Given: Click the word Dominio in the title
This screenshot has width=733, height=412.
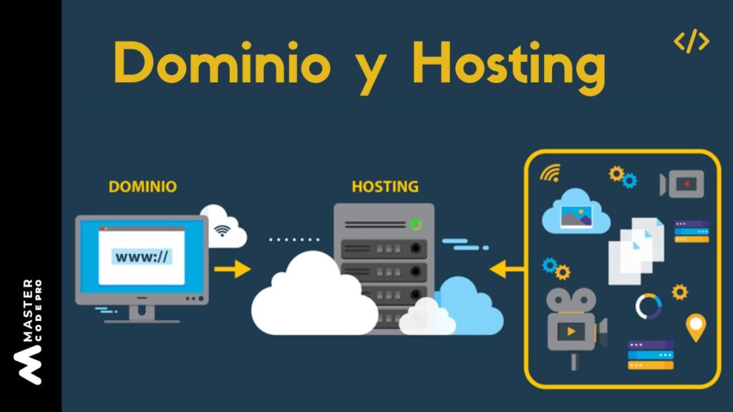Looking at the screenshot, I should point(222,64).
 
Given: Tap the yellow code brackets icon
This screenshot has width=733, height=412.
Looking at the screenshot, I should point(691,42).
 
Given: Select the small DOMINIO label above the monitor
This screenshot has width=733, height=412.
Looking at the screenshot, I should point(142,187).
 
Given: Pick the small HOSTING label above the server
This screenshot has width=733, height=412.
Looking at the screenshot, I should point(384,187).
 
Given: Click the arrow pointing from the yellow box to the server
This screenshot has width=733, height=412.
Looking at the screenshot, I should point(508,269).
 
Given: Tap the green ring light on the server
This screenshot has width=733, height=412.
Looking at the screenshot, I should point(416,225).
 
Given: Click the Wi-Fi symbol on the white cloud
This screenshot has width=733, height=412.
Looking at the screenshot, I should point(223,230).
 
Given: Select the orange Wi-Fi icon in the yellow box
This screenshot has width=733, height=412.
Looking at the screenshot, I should point(550,172).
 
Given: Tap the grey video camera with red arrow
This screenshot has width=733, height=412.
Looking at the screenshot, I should point(682,184).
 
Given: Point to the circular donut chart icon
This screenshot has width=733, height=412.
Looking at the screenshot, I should point(649,306).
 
